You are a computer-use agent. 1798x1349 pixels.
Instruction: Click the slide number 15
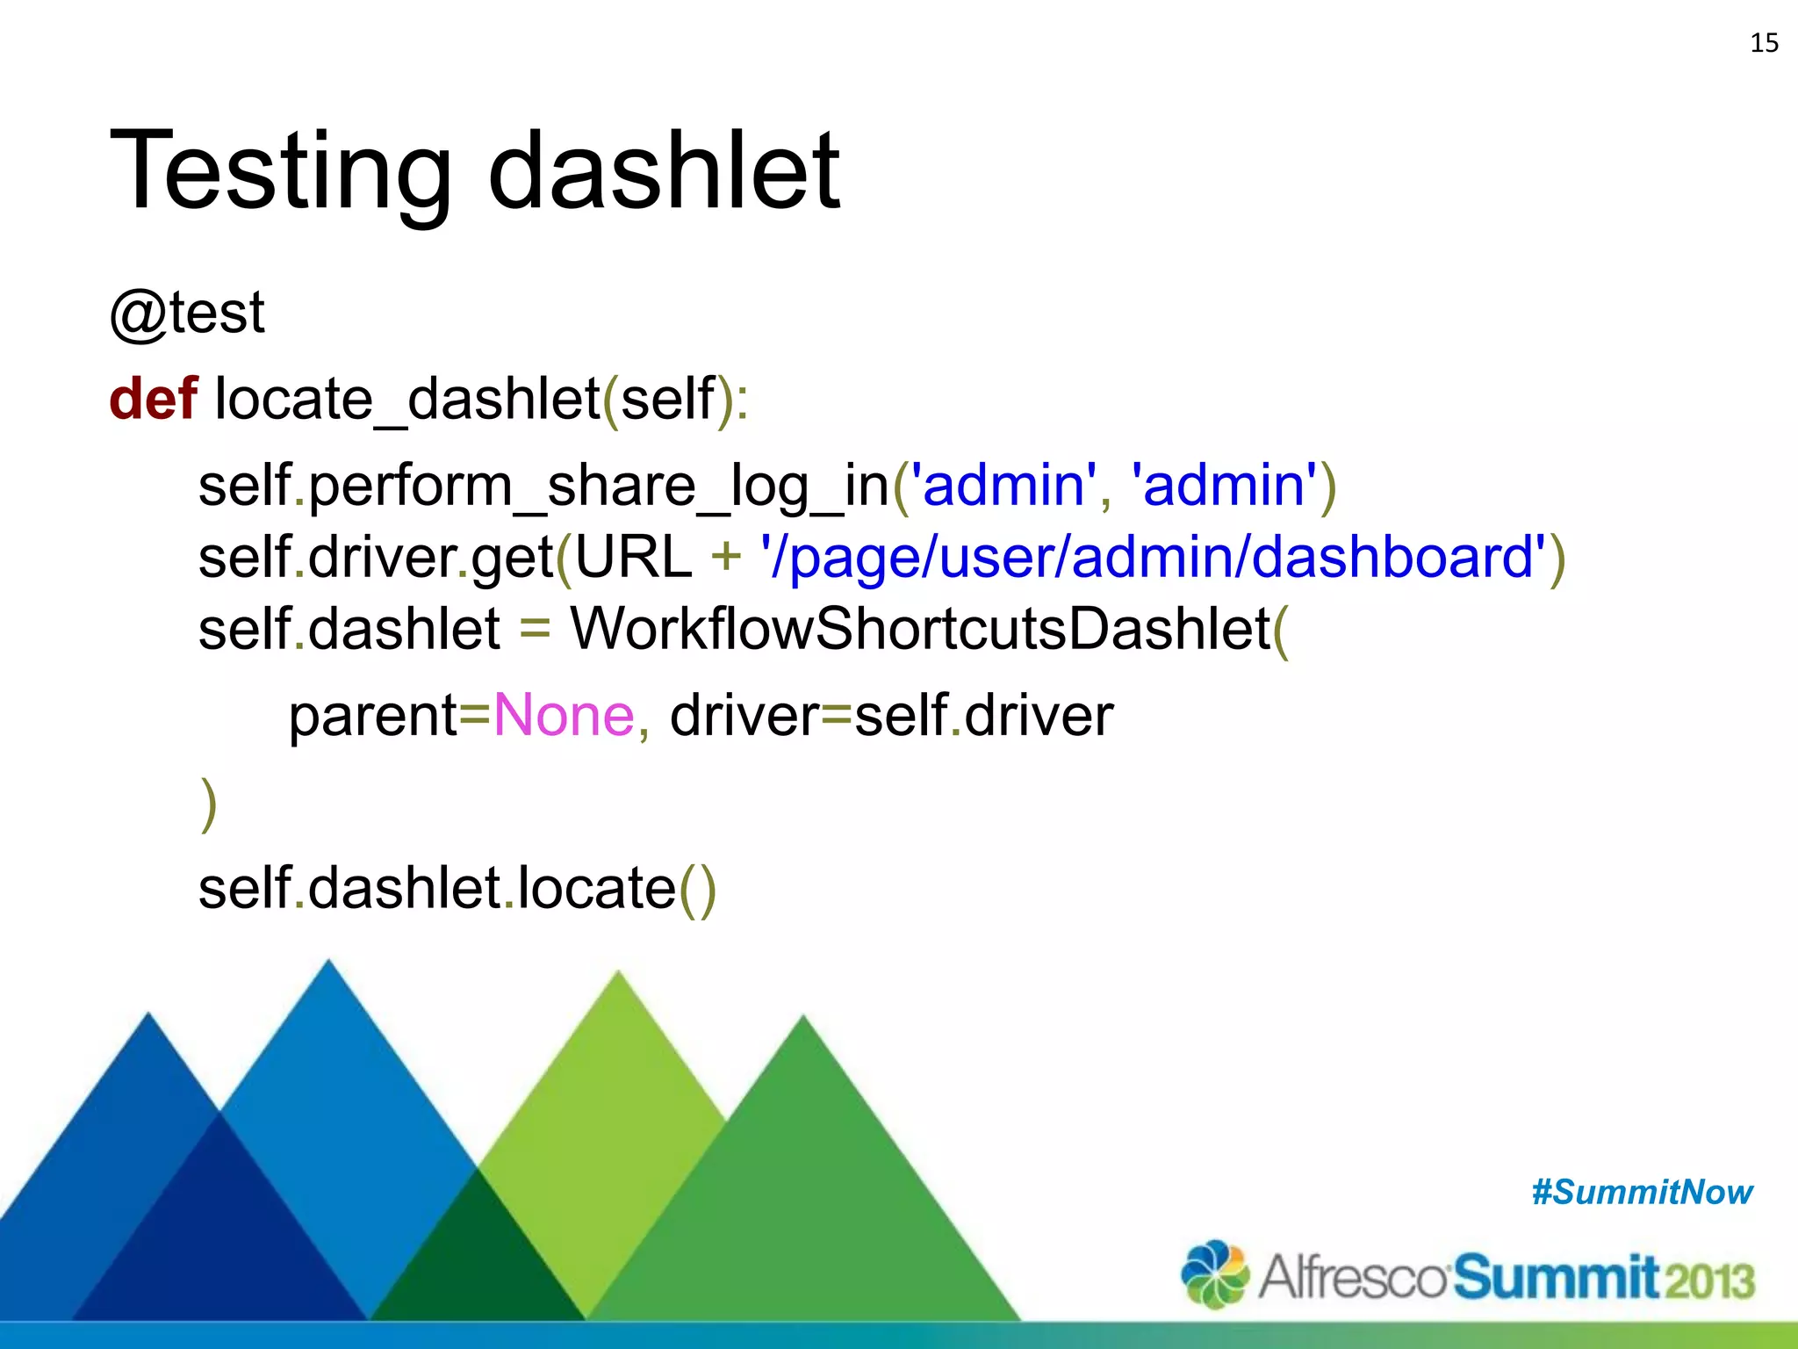pyautogui.click(x=1764, y=43)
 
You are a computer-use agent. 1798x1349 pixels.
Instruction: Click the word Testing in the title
pyautogui.click(x=279, y=171)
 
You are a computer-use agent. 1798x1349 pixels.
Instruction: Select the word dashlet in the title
pyautogui.click(x=664, y=171)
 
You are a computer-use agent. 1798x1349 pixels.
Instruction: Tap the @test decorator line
pyautogui.click(x=187, y=313)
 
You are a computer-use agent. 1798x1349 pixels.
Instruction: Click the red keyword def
pyautogui.click(x=153, y=399)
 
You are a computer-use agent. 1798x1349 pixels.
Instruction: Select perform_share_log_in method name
pyautogui.click(x=599, y=486)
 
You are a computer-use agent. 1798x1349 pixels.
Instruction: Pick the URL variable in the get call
pyautogui.click(x=633, y=558)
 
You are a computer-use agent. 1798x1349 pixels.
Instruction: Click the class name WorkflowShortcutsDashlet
pyautogui.click(x=920, y=630)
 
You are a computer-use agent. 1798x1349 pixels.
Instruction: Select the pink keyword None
pyautogui.click(x=564, y=716)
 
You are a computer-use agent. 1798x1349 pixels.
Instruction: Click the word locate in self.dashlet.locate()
pyautogui.click(x=596, y=889)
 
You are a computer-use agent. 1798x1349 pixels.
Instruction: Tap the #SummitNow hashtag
pyautogui.click(x=1641, y=1193)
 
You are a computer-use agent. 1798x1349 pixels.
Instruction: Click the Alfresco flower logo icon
pyautogui.click(x=1215, y=1274)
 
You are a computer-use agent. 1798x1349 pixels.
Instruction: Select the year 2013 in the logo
pyautogui.click(x=1709, y=1280)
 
